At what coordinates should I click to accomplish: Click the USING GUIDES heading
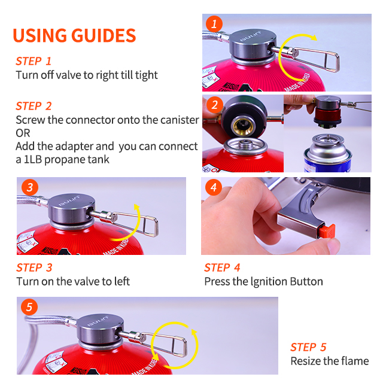click(74, 35)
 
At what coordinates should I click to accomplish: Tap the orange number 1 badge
click(214, 24)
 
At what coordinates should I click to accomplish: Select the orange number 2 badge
click(215, 105)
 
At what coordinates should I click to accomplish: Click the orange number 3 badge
click(30, 187)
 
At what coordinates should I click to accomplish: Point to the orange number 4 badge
click(214, 187)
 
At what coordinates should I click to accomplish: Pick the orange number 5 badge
click(29, 307)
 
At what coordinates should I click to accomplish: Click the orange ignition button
click(326, 231)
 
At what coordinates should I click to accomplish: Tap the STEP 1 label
click(34, 61)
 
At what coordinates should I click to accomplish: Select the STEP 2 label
click(34, 106)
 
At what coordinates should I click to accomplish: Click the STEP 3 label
click(34, 268)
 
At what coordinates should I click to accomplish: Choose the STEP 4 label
click(222, 268)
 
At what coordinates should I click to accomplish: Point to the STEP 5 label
click(308, 347)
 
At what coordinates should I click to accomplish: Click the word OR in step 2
click(23, 133)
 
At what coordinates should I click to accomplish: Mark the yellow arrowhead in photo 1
click(314, 37)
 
